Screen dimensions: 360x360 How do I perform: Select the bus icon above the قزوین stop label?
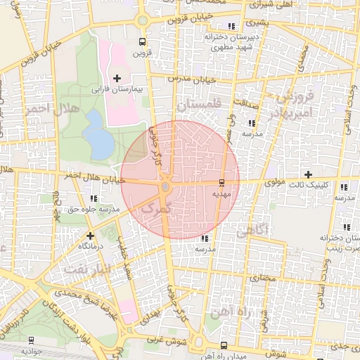(x=143, y=41)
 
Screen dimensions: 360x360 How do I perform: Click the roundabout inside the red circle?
(x=166, y=188)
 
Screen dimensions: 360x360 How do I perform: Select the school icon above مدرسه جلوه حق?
(x=94, y=198)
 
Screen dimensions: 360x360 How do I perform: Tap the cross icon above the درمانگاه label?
(x=89, y=236)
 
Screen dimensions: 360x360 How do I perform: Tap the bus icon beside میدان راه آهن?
(x=224, y=345)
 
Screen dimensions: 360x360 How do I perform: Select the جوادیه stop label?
(x=33, y=349)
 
